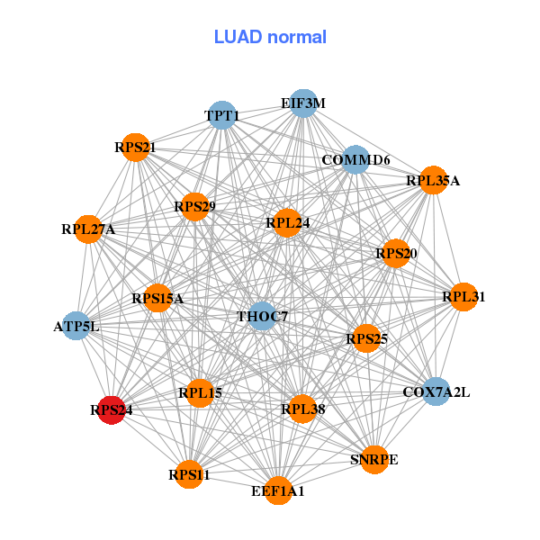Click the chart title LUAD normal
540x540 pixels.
[270, 37]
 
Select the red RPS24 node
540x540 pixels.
[112, 409]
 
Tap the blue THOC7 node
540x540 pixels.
[262, 316]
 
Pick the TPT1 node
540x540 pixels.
[222, 115]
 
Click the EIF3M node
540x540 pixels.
[303, 103]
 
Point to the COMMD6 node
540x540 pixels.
[355, 160]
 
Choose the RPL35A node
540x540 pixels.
[433, 180]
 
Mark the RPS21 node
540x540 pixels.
[135, 147]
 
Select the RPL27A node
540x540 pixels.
[88, 229]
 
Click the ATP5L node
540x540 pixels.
[76, 326]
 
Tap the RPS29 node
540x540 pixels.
[194, 207]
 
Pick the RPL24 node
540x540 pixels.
[287, 222]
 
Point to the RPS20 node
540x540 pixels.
[396, 254]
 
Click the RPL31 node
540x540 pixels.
[463, 296]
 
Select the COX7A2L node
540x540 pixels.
[436, 391]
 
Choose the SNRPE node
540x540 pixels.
[374, 459]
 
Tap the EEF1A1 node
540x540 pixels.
[279, 490]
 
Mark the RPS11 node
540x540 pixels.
[189, 474]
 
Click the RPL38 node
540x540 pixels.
[302, 409]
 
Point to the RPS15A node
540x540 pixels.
[157, 298]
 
